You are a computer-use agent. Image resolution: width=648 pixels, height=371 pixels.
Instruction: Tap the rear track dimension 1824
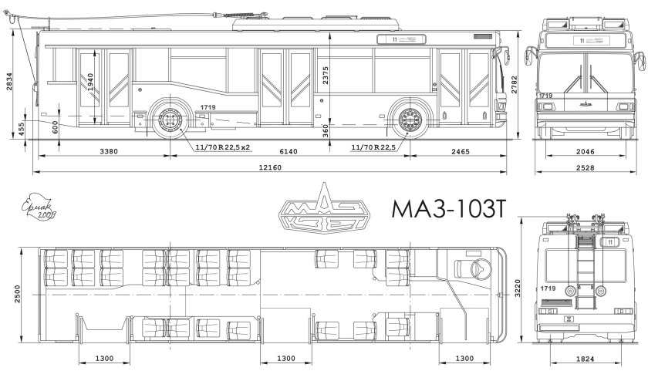(x=585, y=359)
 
